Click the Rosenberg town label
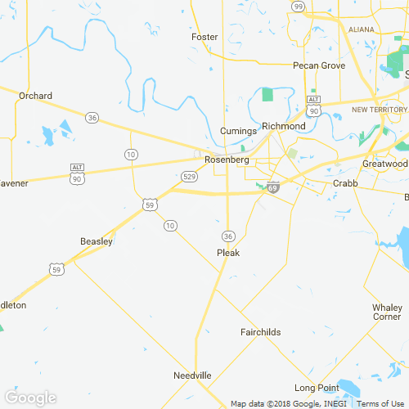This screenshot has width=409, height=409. [227, 160]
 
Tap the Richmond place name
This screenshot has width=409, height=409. [283, 127]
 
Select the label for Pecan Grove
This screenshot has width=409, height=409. [320, 65]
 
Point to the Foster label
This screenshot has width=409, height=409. [204, 38]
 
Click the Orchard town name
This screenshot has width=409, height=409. [35, 96]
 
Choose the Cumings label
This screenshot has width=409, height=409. [239, 132]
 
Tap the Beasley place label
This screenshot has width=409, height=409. [97, 241]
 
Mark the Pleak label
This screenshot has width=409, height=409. [228, 253]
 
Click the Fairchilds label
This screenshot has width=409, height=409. [261, 332]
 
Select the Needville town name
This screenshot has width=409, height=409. [192, 375]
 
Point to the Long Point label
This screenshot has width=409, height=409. [317, 388]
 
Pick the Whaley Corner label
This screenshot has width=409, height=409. [387, 312]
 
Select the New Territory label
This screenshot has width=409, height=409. [379, 110]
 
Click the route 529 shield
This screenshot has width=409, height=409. [188, 176]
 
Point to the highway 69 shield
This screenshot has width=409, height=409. [272, 187]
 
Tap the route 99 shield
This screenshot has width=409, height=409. [299, 7]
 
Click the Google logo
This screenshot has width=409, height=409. [30, 398]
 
